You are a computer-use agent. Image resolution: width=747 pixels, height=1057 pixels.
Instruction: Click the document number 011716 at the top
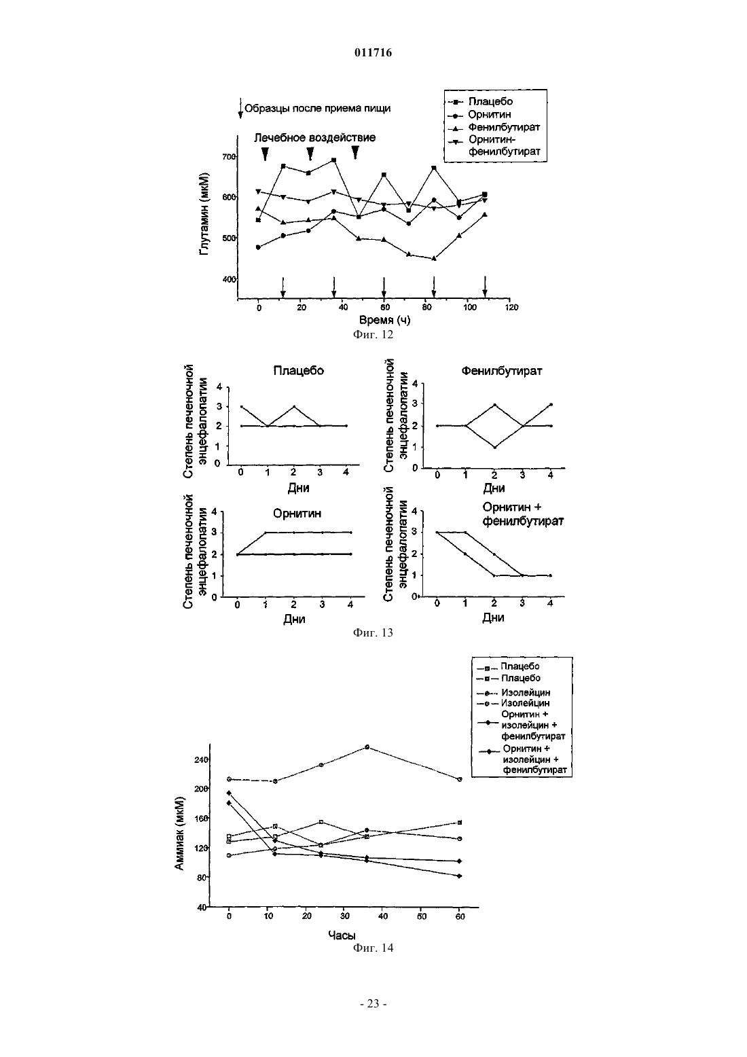point(373,52)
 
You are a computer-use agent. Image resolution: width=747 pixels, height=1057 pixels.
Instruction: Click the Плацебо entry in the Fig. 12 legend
point(490,101)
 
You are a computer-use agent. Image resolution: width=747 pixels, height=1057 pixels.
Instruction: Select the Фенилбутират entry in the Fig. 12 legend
point(504,128)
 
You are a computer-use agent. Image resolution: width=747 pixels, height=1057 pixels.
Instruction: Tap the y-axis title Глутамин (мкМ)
point(204,215)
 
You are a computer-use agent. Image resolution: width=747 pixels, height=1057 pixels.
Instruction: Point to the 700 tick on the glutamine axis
point(229,157)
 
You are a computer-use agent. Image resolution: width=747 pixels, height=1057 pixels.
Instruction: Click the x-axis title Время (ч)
point(385,320)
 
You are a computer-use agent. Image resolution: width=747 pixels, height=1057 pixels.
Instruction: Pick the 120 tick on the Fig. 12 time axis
point(511,307)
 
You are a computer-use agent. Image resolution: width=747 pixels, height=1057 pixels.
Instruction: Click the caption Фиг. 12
point(373,335)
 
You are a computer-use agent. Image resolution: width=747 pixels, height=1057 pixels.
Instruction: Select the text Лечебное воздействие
point(315,138)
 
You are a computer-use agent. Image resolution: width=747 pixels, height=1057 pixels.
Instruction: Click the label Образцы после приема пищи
point(317,109)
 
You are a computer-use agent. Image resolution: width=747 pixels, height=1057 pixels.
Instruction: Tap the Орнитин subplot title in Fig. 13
point(297,514)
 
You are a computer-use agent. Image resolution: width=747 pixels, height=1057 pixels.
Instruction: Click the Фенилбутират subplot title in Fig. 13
point(502,371)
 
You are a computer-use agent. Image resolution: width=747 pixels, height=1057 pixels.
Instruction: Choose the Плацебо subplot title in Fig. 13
point(299,370)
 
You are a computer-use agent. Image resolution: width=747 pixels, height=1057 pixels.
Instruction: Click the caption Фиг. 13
point(373,632)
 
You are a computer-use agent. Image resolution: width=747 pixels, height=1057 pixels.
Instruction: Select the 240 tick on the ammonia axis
point(202,759)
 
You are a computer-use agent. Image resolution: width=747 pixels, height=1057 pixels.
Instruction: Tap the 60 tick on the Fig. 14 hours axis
point(460,916)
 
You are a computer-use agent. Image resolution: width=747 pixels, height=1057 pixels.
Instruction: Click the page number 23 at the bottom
point(373,1004)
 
